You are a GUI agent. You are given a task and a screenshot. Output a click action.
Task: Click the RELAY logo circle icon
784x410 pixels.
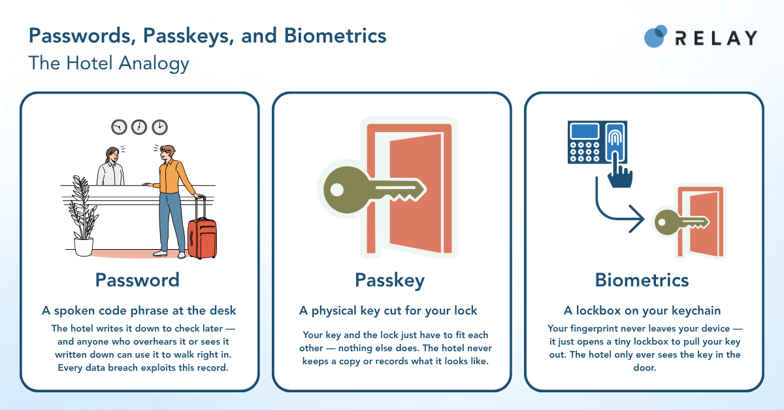click(655, 36)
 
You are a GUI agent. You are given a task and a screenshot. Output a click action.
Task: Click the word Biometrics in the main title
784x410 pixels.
click(335, 36)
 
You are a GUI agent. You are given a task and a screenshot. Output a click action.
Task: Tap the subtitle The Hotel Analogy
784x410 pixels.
click(109, 63)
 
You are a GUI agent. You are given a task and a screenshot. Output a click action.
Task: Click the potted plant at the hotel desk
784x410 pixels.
click(83, 216)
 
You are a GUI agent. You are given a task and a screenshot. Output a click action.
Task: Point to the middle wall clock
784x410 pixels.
click(139, 127)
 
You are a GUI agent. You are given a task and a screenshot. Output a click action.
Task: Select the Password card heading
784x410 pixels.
click(138, 280)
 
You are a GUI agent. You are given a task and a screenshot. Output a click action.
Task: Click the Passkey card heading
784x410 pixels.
click(390, 281)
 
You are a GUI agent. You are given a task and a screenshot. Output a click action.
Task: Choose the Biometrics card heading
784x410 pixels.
click(642, 280)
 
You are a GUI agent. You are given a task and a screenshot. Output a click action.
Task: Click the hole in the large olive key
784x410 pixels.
click(337, 190)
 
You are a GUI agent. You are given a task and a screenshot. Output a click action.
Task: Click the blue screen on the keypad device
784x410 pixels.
click(584, 131)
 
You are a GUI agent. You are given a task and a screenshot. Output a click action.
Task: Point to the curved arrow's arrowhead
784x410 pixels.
click(637, 219)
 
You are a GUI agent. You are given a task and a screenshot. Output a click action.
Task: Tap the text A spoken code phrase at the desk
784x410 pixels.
click(139, 311)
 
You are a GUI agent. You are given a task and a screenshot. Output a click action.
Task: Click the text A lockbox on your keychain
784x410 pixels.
click(642, 311)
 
